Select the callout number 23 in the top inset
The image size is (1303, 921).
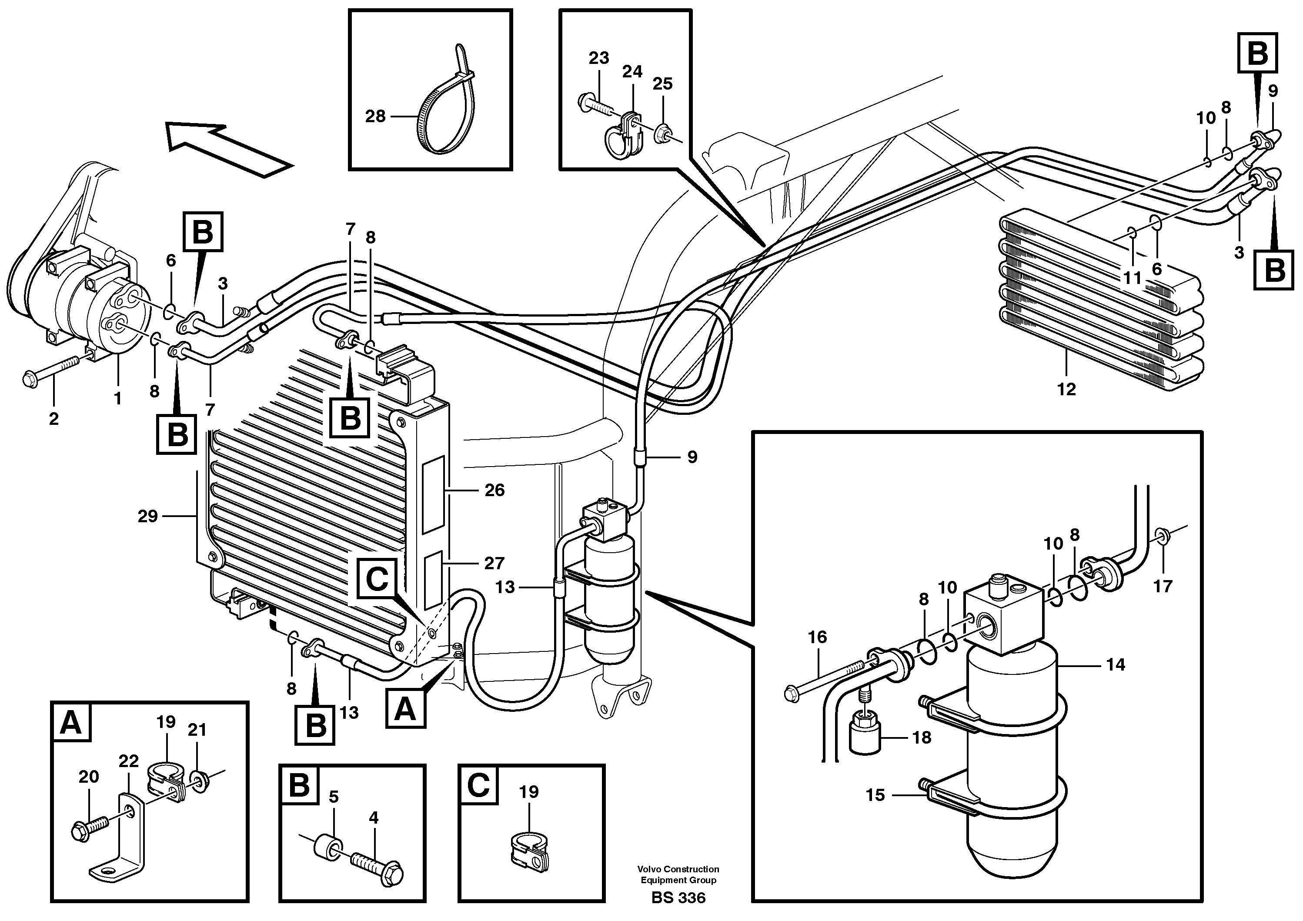point(599,58)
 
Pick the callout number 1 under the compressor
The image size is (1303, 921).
point(117,399)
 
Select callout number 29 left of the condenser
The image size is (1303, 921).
point(147,517)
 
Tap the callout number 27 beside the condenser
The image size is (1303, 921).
point(494,563)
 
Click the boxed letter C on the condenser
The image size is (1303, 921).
point(377,579)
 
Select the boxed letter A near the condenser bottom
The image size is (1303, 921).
point(405,709)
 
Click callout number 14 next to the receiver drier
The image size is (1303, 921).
point(1115,664)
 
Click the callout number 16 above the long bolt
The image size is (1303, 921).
point(817,637)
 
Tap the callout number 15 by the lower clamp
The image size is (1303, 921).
point(875,795)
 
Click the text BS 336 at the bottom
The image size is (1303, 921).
point(678,898)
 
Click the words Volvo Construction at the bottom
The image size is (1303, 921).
point(678,869)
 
